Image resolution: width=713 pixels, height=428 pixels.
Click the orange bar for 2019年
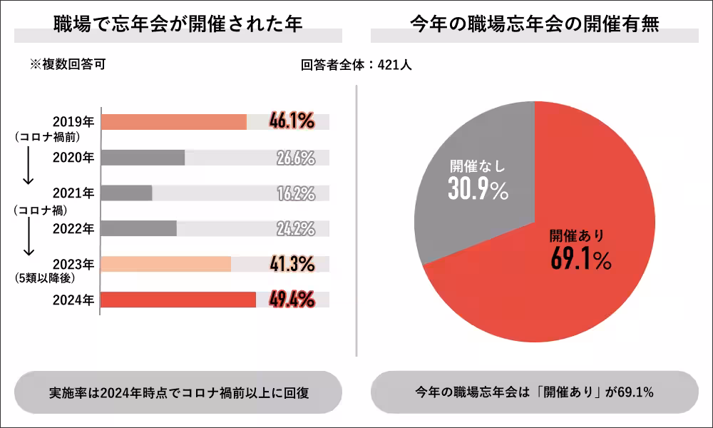[173, 121]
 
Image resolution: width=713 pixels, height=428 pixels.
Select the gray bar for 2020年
[143, 158]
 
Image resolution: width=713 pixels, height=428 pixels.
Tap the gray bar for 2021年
[126, 193]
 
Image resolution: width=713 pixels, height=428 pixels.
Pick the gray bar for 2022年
[138, 228]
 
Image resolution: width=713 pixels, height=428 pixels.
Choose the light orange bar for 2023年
[165, 264]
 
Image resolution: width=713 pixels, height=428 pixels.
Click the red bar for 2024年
[178, 300]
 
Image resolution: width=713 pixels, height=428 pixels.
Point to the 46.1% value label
[292, 121]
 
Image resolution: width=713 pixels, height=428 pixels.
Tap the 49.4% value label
[292, 300]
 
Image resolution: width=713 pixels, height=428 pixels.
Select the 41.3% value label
[292, 264]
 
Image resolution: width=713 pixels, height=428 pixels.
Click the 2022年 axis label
[73, 228]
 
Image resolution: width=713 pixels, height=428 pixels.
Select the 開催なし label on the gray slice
[477, 166]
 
